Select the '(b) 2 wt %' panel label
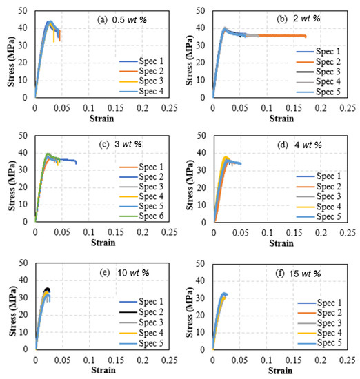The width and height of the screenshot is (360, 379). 299,17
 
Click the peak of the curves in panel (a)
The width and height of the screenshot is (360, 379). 50,21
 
